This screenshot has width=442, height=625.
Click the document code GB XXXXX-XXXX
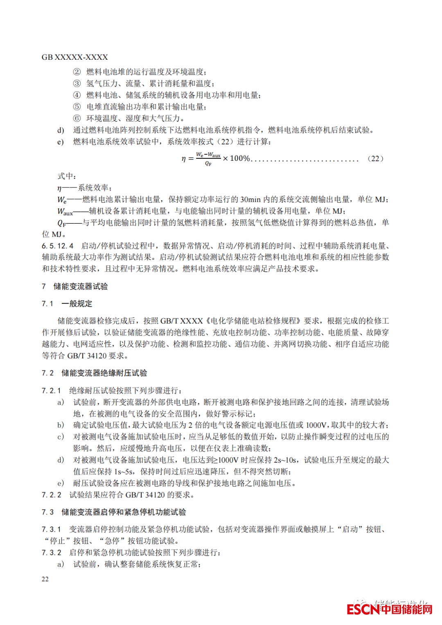tap(74, 57)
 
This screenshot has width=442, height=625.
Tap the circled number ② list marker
tap(77, 72)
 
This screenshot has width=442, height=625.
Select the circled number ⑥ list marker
tap(77, 118)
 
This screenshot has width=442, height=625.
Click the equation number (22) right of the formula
tap(375, 159)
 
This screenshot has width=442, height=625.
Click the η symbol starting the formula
tap(184, 159)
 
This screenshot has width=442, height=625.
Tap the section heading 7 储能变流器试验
tap(75, 286)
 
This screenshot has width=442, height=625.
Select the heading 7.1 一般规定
tap(67, 304)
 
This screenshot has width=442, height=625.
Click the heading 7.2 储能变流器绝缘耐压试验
tap(94, 373)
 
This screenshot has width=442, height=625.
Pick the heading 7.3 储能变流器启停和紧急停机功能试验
tap(114, 512)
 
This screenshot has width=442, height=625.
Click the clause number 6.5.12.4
tap(58, 246)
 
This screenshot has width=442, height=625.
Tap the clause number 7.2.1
tap(51, 391)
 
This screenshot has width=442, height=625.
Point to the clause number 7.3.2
tap(51, 553)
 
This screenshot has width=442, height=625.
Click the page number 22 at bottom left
tap(45, 579)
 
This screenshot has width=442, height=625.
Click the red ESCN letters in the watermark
tap(363, 609)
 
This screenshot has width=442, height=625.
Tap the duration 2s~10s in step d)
tap(285, 460)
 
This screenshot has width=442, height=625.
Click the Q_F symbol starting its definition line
tap(61, 223)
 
